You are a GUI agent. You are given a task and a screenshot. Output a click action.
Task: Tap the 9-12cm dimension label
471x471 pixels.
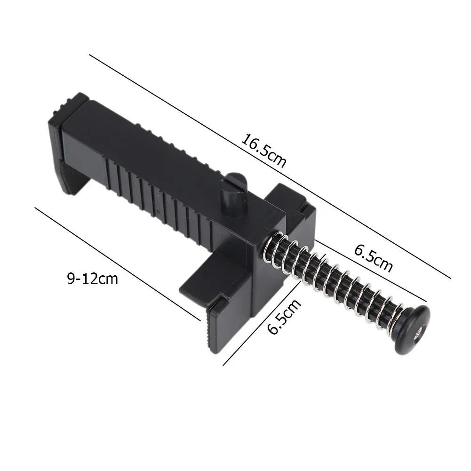[x=93, y=279]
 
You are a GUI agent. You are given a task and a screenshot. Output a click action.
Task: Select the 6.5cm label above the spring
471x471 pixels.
[x=373, y=258]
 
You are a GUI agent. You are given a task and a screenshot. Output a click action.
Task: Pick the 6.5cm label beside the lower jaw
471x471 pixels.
[x=284, y=318]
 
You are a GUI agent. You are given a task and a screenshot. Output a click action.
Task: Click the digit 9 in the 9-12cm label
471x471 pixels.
[x=71, y=279]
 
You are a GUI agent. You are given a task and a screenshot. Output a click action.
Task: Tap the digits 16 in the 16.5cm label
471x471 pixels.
[x=249, y=142]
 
